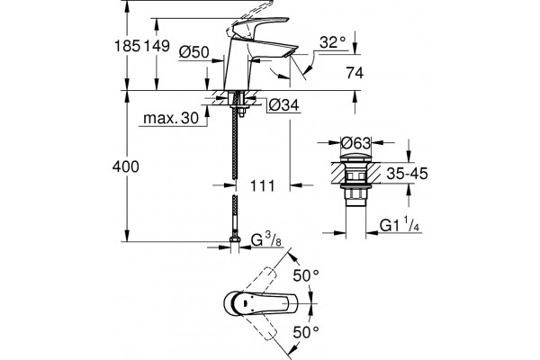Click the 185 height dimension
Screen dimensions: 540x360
click(x=127, y=46)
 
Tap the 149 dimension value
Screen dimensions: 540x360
click(x=157, y=46)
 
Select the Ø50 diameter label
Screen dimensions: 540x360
click(x=193, y=52)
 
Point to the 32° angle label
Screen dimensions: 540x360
click(x=332, y=42)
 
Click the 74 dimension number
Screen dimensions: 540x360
click(x=355, y=73)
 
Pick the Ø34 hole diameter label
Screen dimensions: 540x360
click(x=283, y=105)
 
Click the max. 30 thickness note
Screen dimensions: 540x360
click(x=171, y=118)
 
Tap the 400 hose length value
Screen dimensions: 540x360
click(x=126, y=166)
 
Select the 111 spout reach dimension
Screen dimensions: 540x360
click(x=263, y=186)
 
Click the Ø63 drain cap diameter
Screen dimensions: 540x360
click(x=355, y=142)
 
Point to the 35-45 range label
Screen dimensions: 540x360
click(x=407, y=174)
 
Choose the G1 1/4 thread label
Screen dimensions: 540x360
click(x=400, y=226)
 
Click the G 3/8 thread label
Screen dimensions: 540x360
click(x=265, y=240)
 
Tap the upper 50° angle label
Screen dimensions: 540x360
click(x=306, y=274)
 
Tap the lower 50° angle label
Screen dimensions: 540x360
click(x=306, y=332)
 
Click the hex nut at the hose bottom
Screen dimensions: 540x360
click(x=235, y=240)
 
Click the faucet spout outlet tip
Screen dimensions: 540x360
click(x=291, y=53)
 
